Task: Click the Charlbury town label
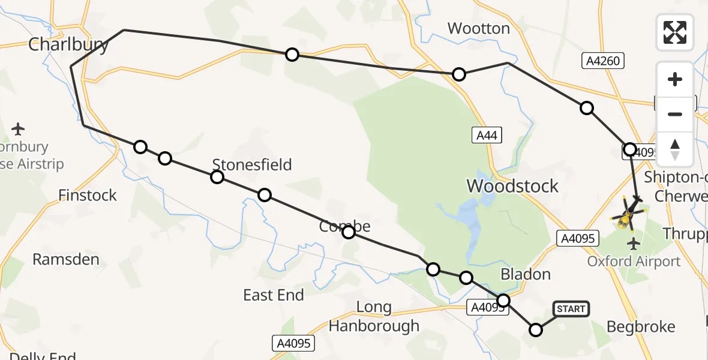pos(69,44)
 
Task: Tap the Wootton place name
pos(478,28)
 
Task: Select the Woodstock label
pos(512,186)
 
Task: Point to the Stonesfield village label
pos(252,164)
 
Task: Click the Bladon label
pos(525,274)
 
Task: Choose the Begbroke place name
pos(641,327)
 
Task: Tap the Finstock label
pos(88,195)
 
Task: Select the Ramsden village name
pos(65,259)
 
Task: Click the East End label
pos(274,295)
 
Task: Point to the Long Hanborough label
pos(374,317)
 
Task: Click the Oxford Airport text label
pos(634,262)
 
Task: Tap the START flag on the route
pos(570,309)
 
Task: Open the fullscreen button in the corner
pos(674,32)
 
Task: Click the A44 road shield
pos(486,136)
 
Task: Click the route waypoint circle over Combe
pos(349,232)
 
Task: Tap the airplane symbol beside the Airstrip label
pos(18,128)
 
